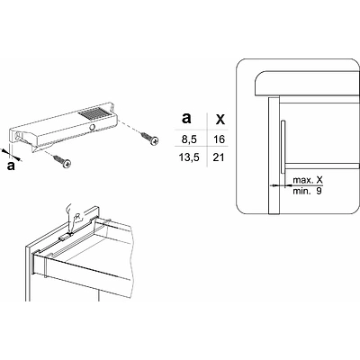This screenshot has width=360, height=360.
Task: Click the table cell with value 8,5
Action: (x=191, y=139)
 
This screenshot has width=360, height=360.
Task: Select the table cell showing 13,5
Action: (x=189, y=157)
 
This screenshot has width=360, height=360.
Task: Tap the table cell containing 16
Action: (x=220, y=139)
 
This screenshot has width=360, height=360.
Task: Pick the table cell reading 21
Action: (x=219, y=157)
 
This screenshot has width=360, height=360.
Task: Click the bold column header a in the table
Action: (x=186, y=118)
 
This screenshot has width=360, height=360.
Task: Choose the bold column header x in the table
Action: (x=220, y=119)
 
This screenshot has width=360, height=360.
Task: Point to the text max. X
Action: (x=308, y=180)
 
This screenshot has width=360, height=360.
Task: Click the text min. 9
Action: (x=307, y=191)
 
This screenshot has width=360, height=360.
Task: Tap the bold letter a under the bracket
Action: (x=11, y=166)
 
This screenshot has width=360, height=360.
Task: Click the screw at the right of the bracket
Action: (x=148, y=138)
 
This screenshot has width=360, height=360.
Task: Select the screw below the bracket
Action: (x=62, y=160)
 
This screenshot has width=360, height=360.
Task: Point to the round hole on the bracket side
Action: (x=93, y=128)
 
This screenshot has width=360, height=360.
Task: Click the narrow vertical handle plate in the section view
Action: (x=283, y=147)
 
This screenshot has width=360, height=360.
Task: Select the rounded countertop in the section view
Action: (x=307, y=84)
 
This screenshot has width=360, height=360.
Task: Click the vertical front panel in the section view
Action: (x=274, y=155)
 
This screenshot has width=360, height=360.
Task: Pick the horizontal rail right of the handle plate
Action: (x=322, y=166)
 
